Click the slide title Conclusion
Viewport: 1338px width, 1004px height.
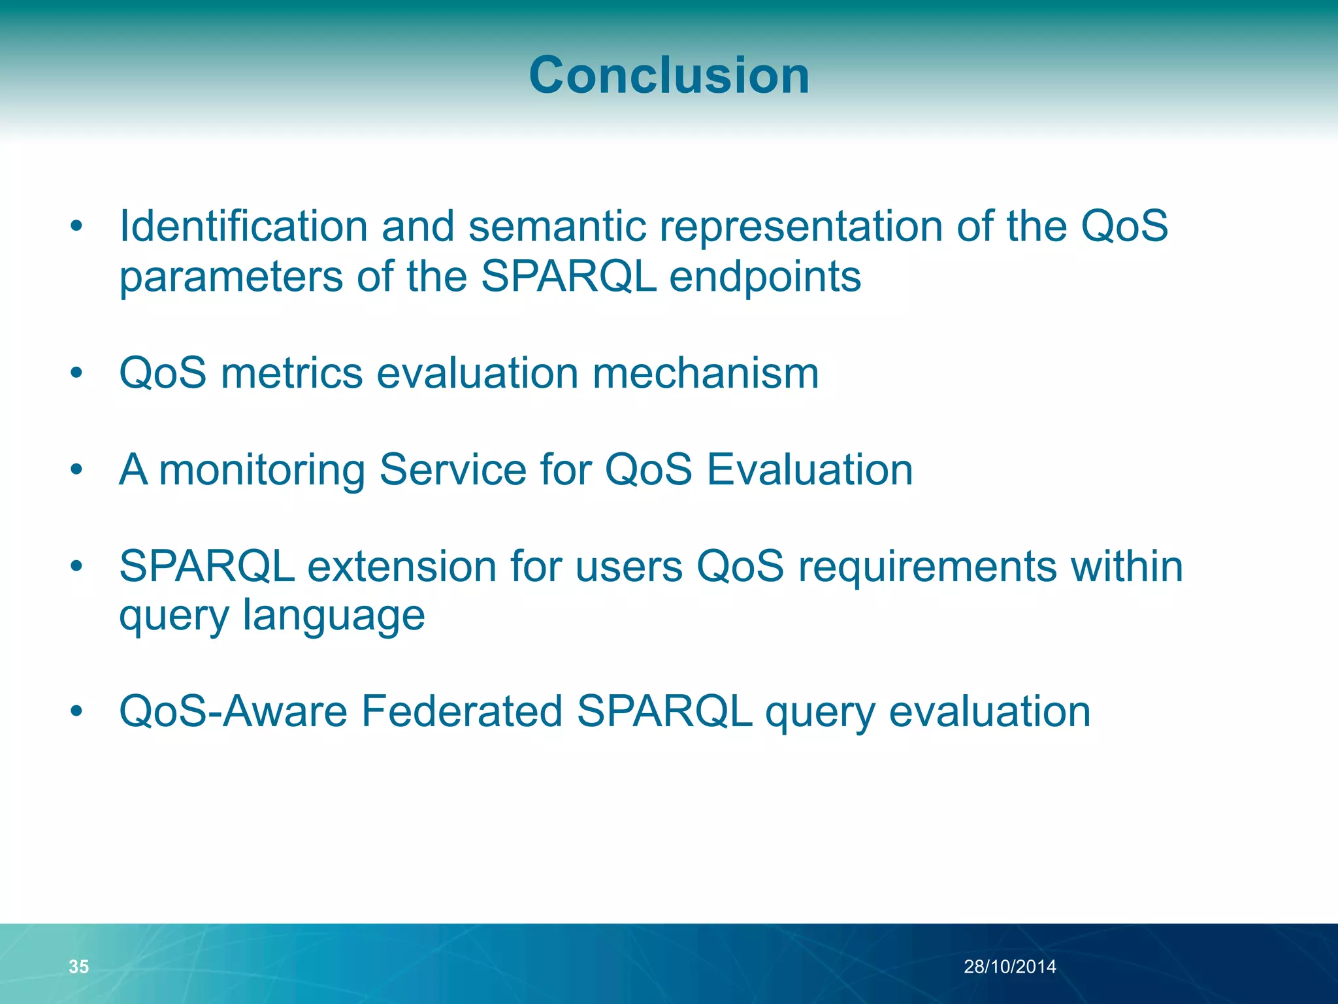pos(669,75)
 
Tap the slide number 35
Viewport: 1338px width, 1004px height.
pos(78,967)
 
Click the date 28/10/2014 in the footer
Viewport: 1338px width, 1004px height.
pos(1009,967)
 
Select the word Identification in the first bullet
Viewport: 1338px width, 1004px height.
pos(243,226)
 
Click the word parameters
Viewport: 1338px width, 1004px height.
pos(231,278)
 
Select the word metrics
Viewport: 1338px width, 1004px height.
pos(291,373)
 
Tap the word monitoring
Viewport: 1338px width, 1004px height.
pos(261,471)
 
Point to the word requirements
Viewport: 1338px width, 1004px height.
pos(927,567)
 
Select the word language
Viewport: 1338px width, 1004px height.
pos(333,616)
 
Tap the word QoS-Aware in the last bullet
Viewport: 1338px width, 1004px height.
pos(233,711)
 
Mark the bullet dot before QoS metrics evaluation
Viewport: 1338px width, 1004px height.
pos(77,373)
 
